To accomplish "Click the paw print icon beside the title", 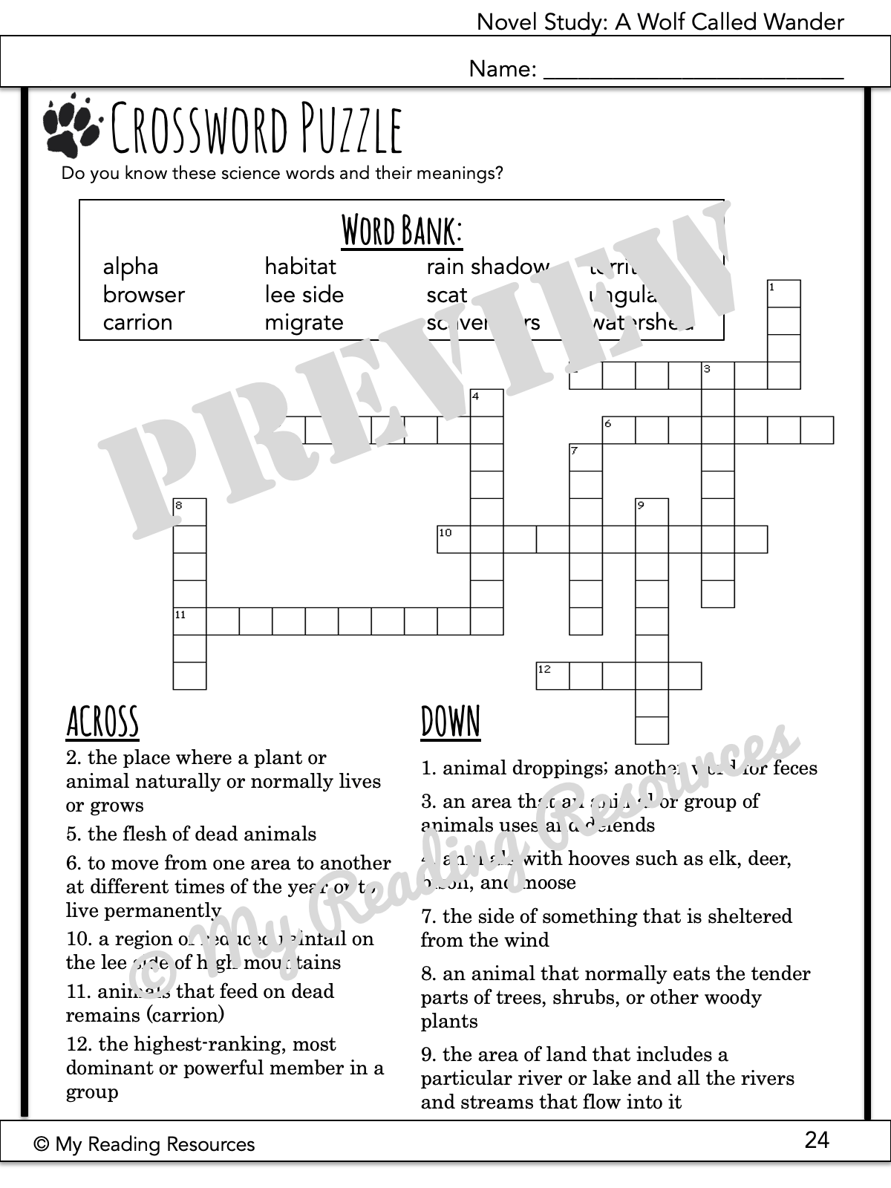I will [71, 124].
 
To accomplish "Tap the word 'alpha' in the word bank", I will [131, 267].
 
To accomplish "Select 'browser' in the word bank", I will [143, 295].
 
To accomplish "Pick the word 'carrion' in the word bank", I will [137, 323].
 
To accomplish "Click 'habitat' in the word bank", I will [300, 267].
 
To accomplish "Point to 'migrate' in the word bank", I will [304, 323].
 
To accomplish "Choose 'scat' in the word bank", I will [447, 295].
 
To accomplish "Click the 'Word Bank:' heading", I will [402, 230].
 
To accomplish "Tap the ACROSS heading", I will [102, 722].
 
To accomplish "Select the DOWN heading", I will [451, 722].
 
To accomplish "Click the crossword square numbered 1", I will [783, 293].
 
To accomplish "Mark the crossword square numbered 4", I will [487, 402].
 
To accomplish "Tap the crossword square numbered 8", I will [189, 512].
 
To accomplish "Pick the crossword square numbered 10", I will [453, 539].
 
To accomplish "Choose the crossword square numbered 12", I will [552, 676].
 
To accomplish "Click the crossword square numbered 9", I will [652, 512].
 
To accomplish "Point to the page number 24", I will [817, 1140].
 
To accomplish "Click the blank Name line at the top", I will [693, 71].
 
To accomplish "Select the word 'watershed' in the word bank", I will [642, 323].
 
